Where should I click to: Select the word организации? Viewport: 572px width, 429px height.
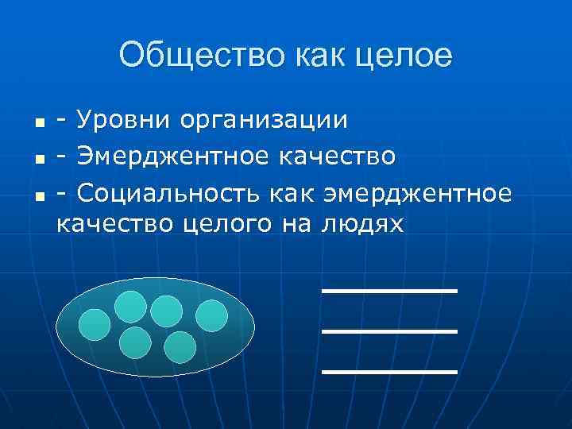tap(264, 122)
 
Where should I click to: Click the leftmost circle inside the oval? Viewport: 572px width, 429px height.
tap(95, 324)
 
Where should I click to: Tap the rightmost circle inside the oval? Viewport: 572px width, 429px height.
tap(212, 316)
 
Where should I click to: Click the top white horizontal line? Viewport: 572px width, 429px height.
tap(389, 291)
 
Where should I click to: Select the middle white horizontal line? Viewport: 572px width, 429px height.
tap(389, 330)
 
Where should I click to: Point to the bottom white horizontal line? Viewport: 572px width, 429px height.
tap(389, 371)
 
